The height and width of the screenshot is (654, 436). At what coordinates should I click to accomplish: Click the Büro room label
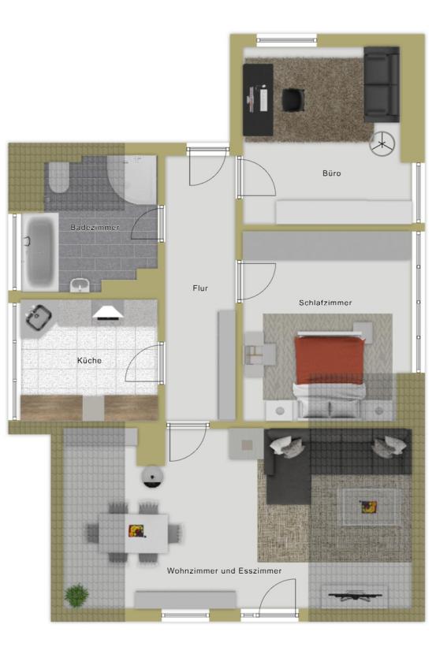click(x=332, y=173)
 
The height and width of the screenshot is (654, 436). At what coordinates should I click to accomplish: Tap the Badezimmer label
click(x=95, y=227)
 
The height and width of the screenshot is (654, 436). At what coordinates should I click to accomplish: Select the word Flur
click(x=200, y=288)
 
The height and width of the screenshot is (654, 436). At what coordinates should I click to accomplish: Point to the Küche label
click(x=89, y=360)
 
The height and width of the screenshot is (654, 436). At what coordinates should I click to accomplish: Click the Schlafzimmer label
click(x=325, y=303)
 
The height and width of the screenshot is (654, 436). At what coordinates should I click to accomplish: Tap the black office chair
click(x=293, y=100)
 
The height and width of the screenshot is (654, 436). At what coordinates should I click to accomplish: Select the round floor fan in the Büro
click(x=382, y=144)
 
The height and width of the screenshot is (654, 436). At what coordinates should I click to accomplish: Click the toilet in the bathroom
click(x=59, y=177)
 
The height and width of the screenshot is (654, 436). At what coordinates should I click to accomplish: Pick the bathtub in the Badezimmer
click(x=40, y=251)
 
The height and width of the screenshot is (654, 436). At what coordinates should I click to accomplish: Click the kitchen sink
click(x=38, y=318)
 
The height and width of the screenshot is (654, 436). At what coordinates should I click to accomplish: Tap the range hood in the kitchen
click(x=108, y=313)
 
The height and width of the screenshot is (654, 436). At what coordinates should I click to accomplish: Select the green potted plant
click(x=76, y=595)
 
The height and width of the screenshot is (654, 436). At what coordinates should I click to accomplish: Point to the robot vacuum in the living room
click(x=152, y=477)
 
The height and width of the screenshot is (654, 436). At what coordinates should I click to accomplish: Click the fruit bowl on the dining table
click(x=136, y=531)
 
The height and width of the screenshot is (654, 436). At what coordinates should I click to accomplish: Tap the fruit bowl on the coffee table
click(x=368, y=507)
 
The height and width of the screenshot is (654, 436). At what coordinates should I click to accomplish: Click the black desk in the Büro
click(x=259, y=100)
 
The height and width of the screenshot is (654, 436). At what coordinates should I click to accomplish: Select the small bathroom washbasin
click(x=80, y=285)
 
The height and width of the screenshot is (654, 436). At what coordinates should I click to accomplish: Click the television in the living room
click(x=356, y=596)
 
